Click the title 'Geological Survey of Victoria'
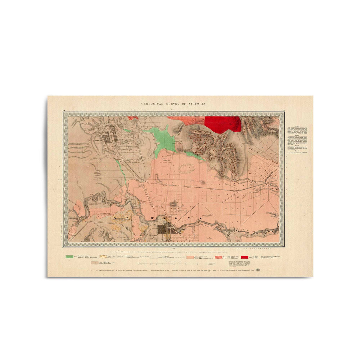coord(169,103)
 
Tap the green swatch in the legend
coord(69,257)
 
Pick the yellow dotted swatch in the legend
coord(103,257)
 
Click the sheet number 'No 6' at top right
coord(282,111)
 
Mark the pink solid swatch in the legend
coord(190,257)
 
